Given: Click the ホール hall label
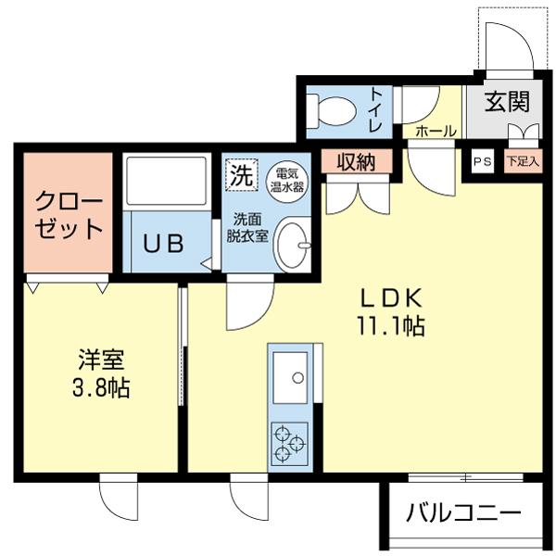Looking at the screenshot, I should point(436,132).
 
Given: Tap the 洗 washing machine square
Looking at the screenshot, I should point(240,174).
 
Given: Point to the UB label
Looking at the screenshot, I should point(163,244).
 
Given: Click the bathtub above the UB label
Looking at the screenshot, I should point(168,181).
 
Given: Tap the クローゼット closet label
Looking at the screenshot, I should point(66,215).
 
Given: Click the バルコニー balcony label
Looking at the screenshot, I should point(463,512).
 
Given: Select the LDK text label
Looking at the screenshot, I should point(390,297).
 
